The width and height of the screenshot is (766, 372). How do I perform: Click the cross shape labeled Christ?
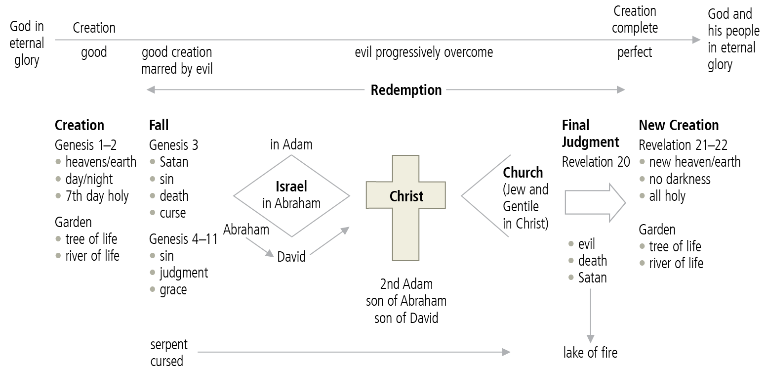click(405, 208)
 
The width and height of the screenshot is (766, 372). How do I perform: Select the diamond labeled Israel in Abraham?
click(291, 195)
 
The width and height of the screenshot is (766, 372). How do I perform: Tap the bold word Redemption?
click(406, 90)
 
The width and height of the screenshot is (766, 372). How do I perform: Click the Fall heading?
click(159, 125)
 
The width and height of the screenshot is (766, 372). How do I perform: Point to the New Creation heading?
click(679, 125)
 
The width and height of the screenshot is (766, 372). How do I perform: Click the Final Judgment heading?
click(590, 134)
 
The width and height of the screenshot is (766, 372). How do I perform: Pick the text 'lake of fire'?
click(590, 352)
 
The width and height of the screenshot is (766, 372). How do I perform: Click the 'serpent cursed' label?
click(169, 352)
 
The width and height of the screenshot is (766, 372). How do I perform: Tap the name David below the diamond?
click(291, 257)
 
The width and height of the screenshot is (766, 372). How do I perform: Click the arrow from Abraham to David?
click(259, 247)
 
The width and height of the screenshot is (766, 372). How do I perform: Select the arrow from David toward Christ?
click(330, 241)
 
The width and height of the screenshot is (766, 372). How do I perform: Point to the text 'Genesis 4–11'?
click(183, 239)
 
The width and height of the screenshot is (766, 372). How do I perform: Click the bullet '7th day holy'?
click(97, 196)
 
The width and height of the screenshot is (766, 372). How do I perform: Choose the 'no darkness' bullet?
click(680, 179)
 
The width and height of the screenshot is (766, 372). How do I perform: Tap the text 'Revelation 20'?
click(596, 162)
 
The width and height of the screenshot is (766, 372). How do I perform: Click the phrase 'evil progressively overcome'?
click(424, 52)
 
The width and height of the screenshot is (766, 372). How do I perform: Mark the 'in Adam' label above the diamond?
click(291, 145)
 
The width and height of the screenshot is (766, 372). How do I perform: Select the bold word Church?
click(523, 173)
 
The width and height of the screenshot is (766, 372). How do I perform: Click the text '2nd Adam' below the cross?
click(406, 284)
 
